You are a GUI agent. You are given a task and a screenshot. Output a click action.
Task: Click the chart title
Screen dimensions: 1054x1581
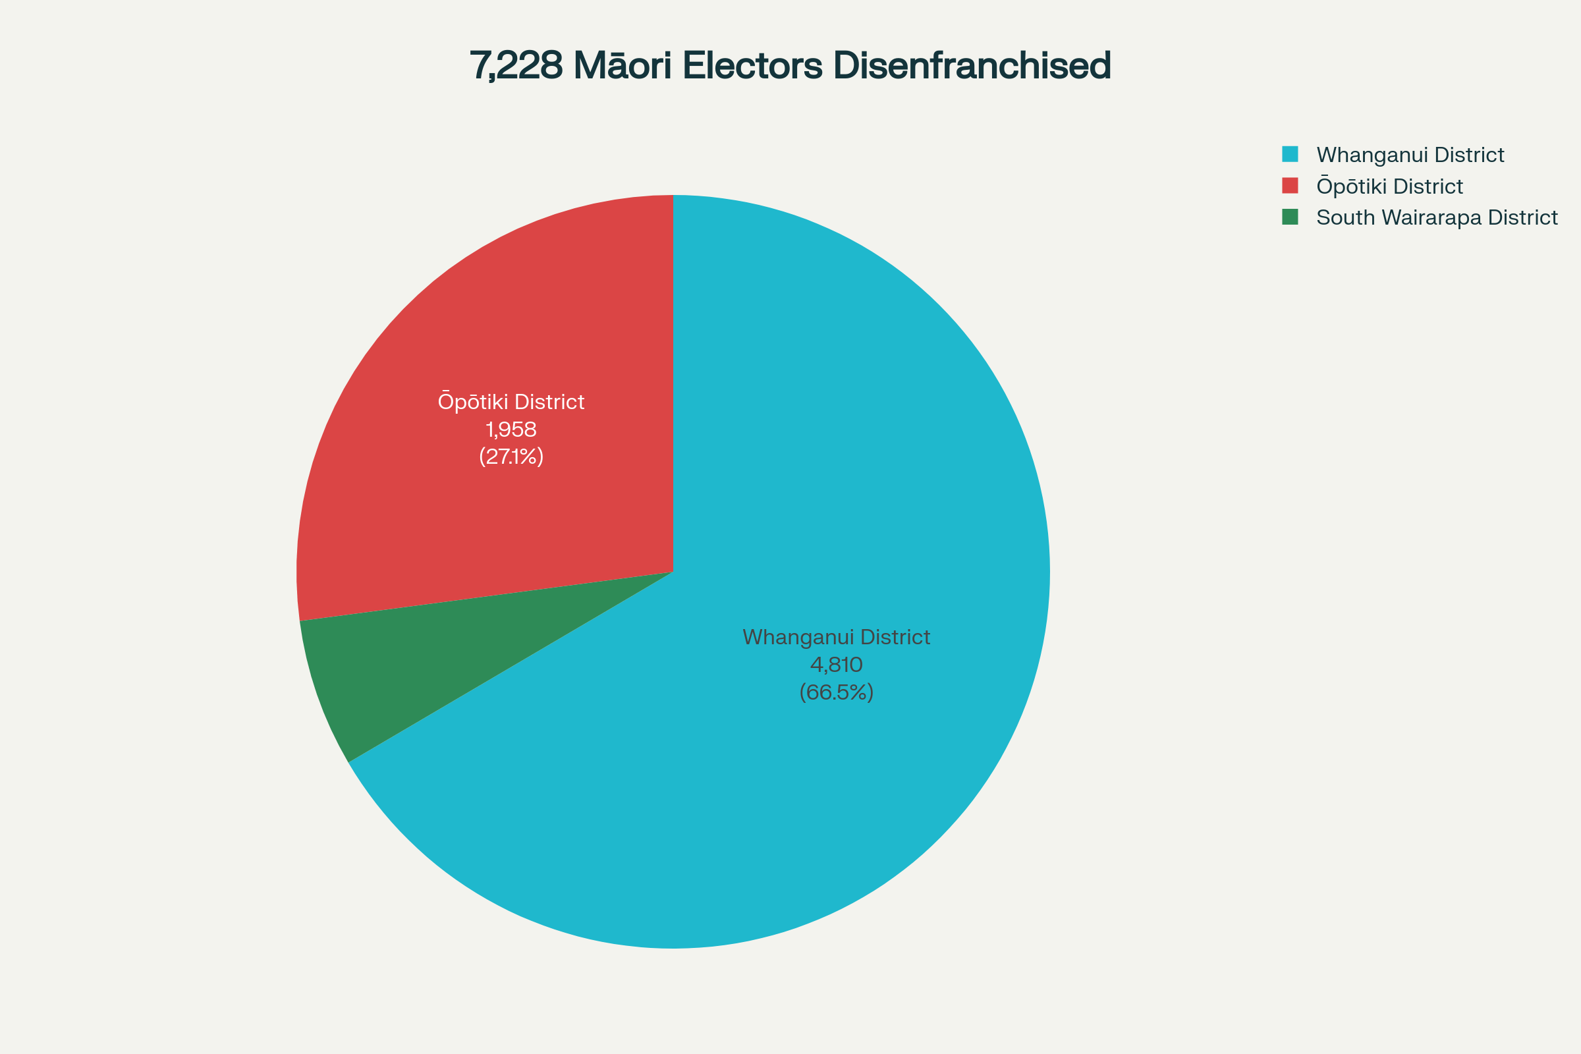(x=790, y=66)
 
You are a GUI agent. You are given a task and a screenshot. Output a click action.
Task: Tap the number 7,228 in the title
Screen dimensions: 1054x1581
(x=516, y=66)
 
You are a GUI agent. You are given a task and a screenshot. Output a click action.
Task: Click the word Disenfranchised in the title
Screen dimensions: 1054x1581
(x=971, y=66)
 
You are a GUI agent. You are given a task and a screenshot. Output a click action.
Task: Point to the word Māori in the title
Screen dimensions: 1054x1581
(x=622, y=66)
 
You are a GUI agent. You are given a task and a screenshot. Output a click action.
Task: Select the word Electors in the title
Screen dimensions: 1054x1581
(x=752, y=66)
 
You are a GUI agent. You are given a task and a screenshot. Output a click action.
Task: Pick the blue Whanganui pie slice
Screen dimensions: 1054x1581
(x=841, y=470)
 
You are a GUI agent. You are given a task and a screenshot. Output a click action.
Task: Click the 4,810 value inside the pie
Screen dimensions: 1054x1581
(x=836, y=665)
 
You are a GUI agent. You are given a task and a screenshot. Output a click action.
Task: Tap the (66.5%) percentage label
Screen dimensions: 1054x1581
(x=836, y=692)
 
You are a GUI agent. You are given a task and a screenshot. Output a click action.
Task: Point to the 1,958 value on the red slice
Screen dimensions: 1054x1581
(x=511, y=430)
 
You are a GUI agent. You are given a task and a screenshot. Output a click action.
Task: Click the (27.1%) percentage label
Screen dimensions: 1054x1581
(x=511, y=457)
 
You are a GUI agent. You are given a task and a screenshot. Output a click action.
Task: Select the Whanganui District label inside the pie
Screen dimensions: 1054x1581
(x=836, y=637)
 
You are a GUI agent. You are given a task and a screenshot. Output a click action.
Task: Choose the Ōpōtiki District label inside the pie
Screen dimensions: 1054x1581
(x=511, y=402)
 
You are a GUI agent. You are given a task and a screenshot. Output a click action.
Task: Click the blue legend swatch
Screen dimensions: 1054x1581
(x=1290, y=154)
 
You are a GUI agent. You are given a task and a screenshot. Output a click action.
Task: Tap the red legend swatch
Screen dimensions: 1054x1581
(x=1290, y=186)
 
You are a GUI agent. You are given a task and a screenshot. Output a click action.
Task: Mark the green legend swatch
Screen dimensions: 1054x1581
(x=1290, y=217)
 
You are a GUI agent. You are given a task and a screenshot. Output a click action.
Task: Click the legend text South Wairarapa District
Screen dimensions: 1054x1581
(x=1437, y=218)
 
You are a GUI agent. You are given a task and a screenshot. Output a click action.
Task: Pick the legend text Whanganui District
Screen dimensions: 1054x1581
(x=1410, y=155)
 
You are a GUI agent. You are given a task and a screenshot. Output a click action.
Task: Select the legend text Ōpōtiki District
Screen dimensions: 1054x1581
(x=1389, y=186)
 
